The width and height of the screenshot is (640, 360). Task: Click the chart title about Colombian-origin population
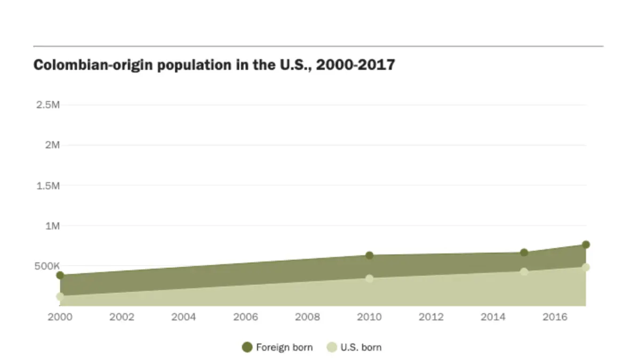coord(214,65)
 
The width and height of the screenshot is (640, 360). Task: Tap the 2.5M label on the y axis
coord(47,105)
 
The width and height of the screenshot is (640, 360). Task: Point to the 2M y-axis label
coord(52,145)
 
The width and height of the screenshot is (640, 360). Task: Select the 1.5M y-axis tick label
coord(47,186)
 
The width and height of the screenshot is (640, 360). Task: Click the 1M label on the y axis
coord(52,226)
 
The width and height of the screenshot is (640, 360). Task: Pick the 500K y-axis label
coord(47,266)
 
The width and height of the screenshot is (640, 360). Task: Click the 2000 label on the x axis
coord(60,317)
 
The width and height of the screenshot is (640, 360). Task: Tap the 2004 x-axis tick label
coord(183,317)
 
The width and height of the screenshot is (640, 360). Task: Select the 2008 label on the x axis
coord(307,317)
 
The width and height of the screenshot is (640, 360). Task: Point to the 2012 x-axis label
coord(431,317)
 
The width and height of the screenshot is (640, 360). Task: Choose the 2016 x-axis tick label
coord(555,317)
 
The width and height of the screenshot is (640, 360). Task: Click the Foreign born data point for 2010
coord(369,255)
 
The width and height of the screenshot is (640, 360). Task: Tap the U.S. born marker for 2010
coord(369,278)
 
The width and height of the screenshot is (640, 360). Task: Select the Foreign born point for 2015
coord(524,252)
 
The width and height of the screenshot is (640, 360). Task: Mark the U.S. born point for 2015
coord(524,271)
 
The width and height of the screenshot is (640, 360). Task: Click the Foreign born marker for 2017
coord(586,244)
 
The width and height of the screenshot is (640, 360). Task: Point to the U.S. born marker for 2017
coord(586,267)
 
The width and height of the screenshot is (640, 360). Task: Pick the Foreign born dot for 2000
coord(60,275)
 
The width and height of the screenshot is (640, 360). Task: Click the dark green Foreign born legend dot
coord(247,347)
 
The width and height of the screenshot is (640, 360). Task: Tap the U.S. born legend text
coord(361,347)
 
